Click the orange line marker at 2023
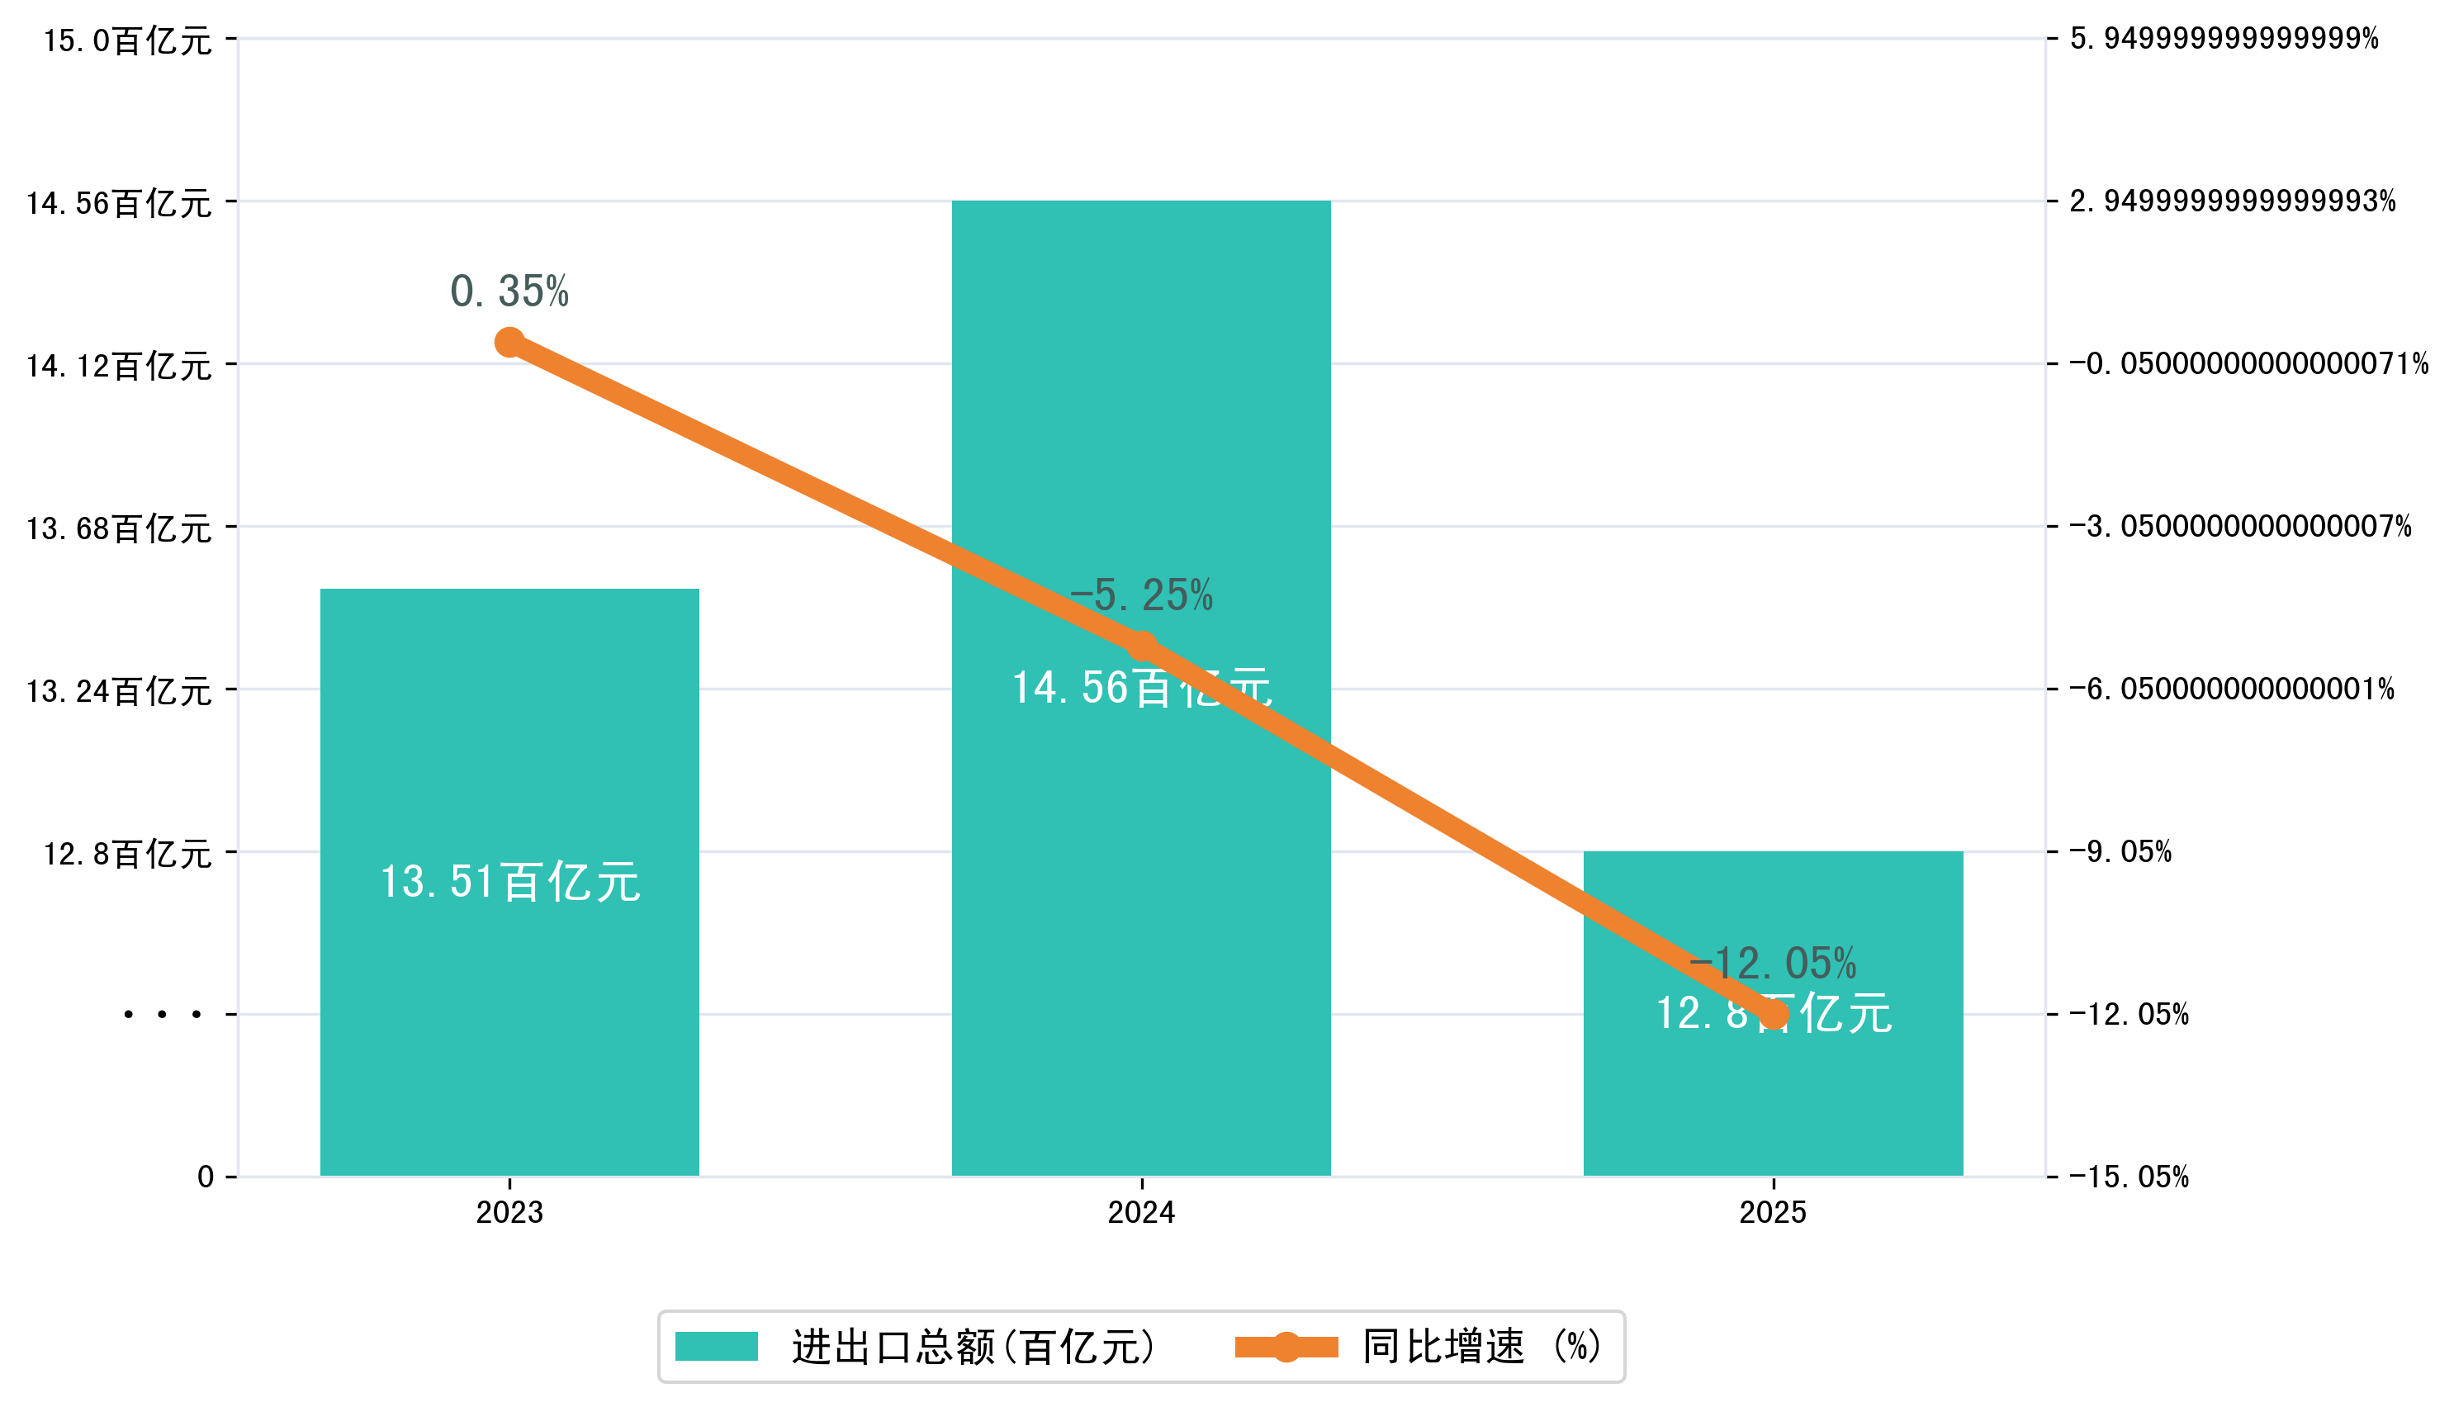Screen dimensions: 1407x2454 pyautogui.click(x=509, y=342)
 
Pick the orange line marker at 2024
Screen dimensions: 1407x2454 pyautogui.click(x=1142, y=646)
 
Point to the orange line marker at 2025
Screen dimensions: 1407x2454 pyautogui.click(x=1774, y=1014)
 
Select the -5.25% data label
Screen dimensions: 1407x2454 pyautogui.click(x=1141, y=595)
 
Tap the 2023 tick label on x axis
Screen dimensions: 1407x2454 pyautogui.click(x=509, y=1213)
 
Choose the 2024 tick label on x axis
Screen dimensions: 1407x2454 pyautogui.click(x=1141, y=1213)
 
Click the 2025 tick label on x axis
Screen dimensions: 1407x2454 pyautogui.click(x=1773, y=1213)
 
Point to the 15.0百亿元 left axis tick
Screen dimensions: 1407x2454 pyautogui.click(x=126, y=40)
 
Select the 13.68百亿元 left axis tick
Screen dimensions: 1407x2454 pyautogui.click(x=118, y=528)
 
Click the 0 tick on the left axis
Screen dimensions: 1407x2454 pyautogui.click(x=205, y=1177)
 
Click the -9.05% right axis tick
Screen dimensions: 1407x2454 pyautogui.click(x=2120, y=852)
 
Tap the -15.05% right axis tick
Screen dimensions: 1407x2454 pyautogui.click(x=2129, y=1177)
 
